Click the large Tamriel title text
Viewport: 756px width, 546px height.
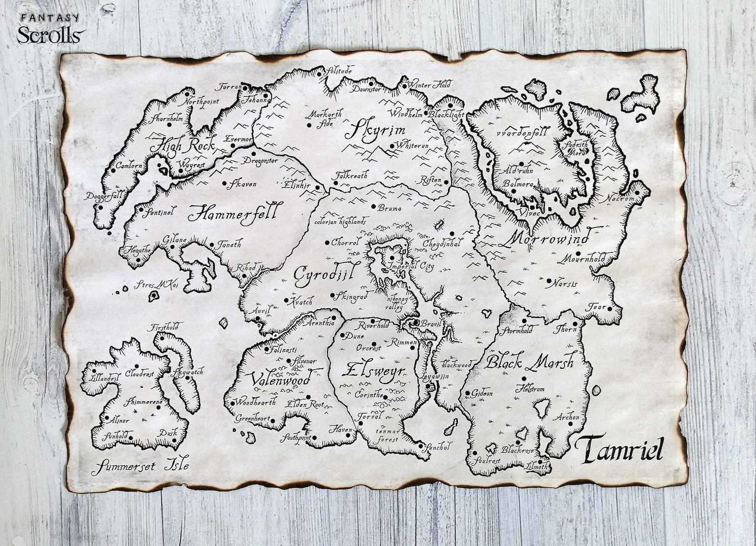619,449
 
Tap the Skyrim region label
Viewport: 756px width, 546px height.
375,130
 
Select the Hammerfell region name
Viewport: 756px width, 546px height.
235,212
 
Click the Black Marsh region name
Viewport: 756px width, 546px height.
529,363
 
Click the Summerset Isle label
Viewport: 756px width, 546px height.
140,465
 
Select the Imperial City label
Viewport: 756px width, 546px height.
410,266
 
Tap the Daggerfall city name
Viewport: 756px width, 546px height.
105,195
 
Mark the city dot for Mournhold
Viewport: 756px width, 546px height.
578,253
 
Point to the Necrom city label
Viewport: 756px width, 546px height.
620,199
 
